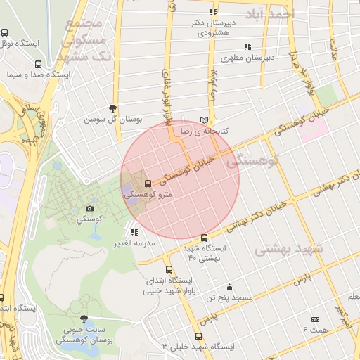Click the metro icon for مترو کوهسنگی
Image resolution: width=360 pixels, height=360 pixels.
pyautogui.click(x=147, y=184)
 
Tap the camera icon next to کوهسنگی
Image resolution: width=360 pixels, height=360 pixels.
pyautogui.click(x=89, y=208)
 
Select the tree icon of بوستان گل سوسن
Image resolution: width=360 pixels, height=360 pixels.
pyautogui.click(x=113, y=108)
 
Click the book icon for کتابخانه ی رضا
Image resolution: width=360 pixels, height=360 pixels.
pyautogui.click(x=205, y=120)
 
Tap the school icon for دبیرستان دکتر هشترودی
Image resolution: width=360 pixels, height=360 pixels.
pyautogui.click(x=213, y=13)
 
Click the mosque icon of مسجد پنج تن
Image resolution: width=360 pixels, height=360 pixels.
pyautogui.click(x=229, y=287)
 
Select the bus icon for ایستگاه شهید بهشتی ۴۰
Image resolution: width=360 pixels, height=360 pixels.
pyautogui.click(x=205, y=238)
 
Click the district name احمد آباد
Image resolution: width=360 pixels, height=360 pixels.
pyautogui.click(x=270, y=14)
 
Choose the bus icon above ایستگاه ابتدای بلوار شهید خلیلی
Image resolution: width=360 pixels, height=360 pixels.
pyautogui.click(x=168, y=269)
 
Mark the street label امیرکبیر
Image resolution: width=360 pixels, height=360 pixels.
pyautogui.click(x=342, y=316)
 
